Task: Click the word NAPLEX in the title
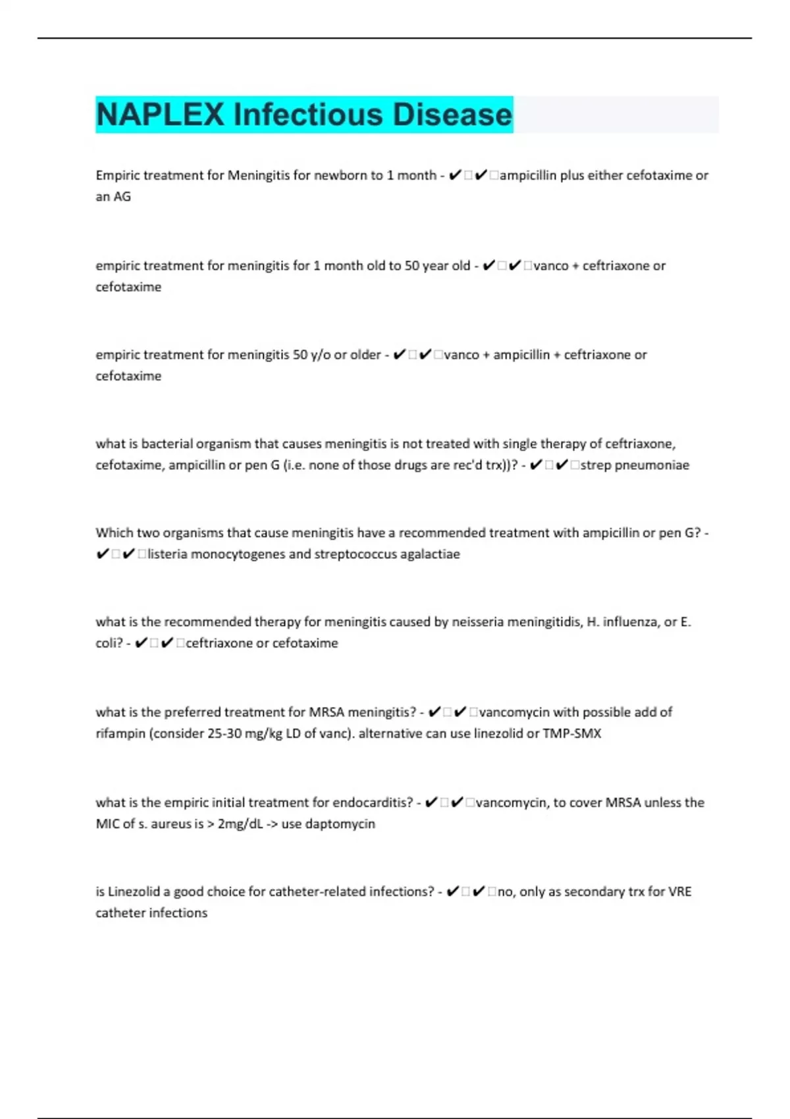[161, 115]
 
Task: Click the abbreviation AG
[122, 197]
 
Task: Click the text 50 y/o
[311, 355]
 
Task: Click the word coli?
[109, 643]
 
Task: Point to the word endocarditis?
[373, 802]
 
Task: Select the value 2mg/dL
[240, 824]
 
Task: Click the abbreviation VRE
[680, 892]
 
